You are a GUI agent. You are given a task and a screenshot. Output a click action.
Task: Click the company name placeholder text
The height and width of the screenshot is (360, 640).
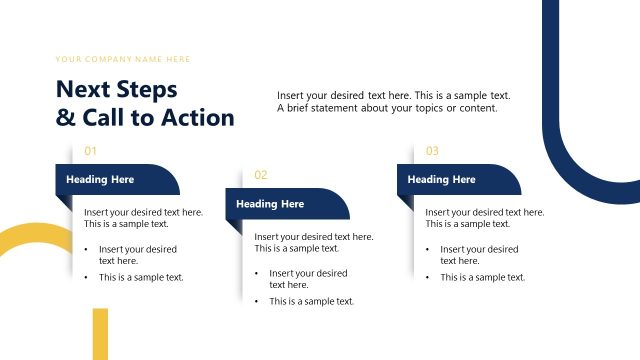tap(123, 59)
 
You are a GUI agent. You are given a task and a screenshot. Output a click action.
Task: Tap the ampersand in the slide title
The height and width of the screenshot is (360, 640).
tap(65, 118)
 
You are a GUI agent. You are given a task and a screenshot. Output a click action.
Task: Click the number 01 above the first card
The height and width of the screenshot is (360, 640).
tap(90, 151)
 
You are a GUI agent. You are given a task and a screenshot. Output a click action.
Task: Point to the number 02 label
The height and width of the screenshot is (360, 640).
tap(261, 175)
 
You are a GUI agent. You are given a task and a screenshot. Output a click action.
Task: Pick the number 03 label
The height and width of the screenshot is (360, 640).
tap(432, 151)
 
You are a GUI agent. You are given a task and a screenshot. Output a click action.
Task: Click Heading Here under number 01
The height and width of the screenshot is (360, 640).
tap(100, 180)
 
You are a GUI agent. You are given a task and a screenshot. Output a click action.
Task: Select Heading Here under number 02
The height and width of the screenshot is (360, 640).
tap(270, 204)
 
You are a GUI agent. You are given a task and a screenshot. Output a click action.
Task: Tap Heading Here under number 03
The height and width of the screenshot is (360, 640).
tap(442, 180)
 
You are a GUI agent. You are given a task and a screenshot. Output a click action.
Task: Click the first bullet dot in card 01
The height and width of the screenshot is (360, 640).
tap(86, 249)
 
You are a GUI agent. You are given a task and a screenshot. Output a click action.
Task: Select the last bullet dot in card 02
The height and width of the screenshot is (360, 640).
tap(257, 301)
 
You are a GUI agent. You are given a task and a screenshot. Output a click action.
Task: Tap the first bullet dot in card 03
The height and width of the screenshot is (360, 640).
tap(428, 249)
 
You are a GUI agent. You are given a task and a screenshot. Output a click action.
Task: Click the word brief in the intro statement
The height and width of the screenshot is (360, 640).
tap(298, 108)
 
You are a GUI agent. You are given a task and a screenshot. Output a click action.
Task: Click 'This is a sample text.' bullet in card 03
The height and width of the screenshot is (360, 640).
tap(483, 277)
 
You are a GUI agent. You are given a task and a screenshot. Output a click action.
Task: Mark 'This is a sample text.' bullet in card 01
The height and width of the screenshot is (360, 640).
tap(141, 277)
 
